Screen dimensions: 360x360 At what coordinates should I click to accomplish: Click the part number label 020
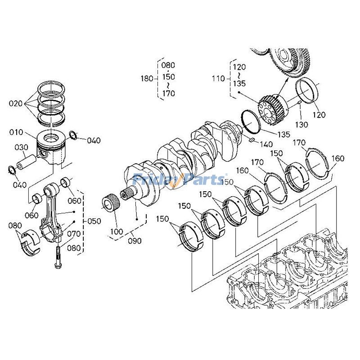tap(15, 103)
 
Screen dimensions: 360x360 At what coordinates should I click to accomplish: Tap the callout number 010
tap(16, 132)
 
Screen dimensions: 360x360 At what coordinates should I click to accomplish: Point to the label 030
tap(21, 147)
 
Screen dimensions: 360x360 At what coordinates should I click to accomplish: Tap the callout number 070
tap(73, 234)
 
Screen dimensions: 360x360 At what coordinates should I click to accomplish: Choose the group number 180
tap(147, 78)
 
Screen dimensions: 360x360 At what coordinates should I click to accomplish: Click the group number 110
tap(218, 78)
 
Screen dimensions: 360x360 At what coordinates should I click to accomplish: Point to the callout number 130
tap(302, 124)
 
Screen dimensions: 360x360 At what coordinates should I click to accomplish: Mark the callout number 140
tap(265, 144)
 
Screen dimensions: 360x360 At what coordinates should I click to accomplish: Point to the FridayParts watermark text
tap(180, 180)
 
